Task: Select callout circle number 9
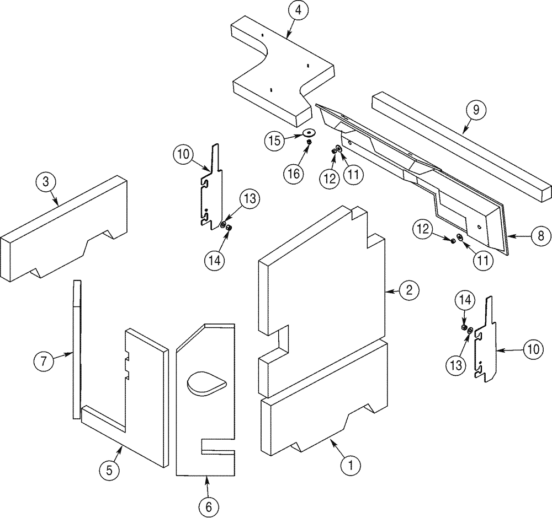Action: (x=475, y=110)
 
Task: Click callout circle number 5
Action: (x=109, y=470)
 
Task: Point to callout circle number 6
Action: (x=209, y=506)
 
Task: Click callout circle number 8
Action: (x=540, y=236)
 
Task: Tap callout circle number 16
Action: (x=294, y=174)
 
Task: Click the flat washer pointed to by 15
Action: (x=309, y=132)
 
